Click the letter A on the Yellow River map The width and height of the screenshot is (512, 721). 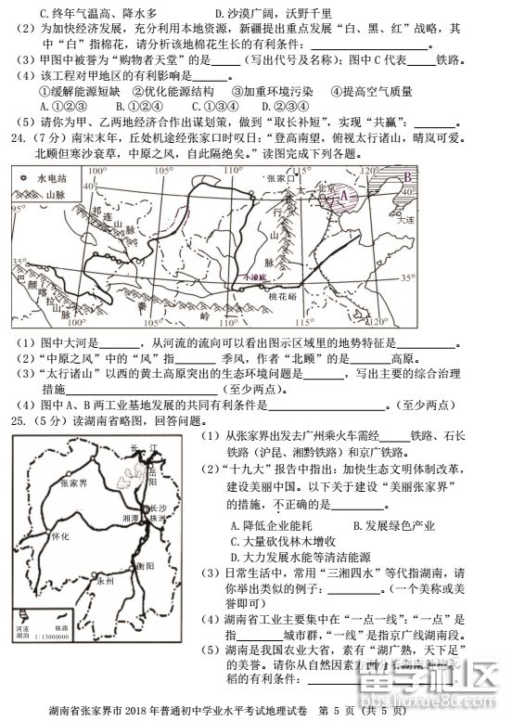point(345,196)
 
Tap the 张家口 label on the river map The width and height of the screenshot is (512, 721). point(277,176)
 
